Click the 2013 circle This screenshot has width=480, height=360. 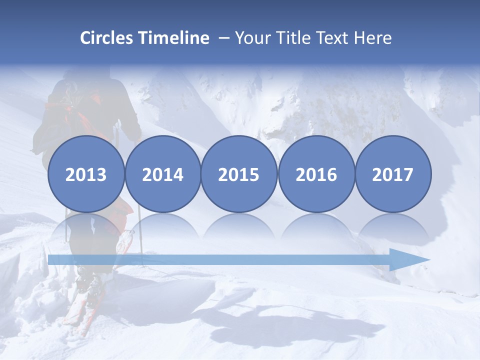pyautogui.click(x=86, y=174)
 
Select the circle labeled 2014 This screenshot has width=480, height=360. pyautogui.click(x=162, y=174)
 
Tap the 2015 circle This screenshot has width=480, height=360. pyautogui.click(x=239, y=174)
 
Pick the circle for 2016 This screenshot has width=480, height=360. pyautogui.click(x=316, y=174)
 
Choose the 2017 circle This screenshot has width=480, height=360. pyautogui.click(x=392, y=174)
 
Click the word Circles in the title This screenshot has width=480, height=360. pyautogui.click(x=107, y=38)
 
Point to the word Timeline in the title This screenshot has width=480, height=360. pyautogui.click(x=174, y=38)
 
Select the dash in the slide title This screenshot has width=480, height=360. pyautogui.click(x=223, y=38)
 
